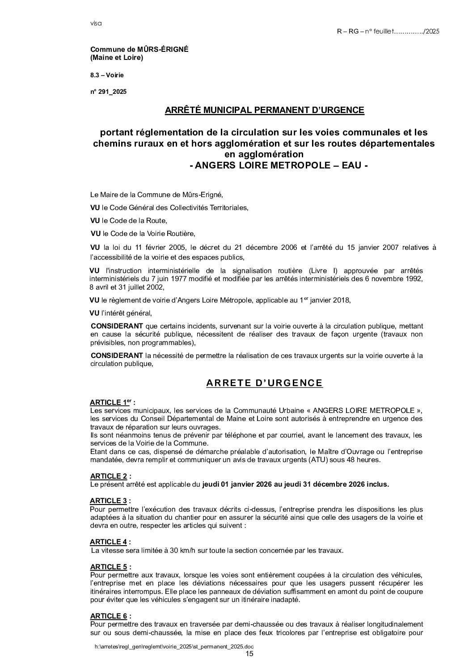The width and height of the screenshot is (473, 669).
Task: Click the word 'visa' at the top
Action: (x=96, y=23)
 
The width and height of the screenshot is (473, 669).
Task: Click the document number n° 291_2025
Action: (x=109, y=92)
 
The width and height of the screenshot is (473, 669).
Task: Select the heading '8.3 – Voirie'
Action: (x=107, y=75)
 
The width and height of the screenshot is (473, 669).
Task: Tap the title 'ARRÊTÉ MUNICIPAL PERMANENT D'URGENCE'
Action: (x=265, y=110)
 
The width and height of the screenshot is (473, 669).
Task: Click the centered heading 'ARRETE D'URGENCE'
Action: (x=264, y=383)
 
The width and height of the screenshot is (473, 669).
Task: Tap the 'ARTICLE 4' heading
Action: (x=109, y=542)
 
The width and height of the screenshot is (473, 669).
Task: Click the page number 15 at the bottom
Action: (x=249, y=654)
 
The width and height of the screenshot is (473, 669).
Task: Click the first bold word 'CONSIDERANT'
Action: (x=117, y=326)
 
